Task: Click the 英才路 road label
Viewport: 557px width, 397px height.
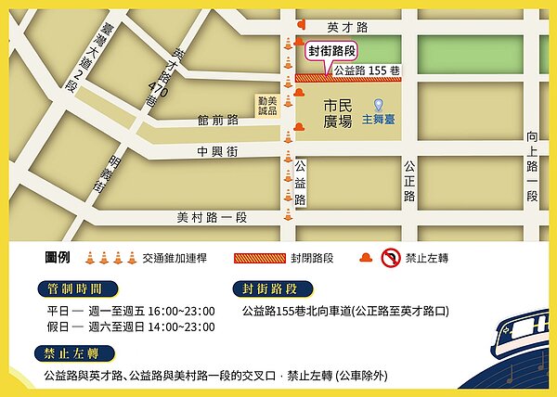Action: [348, 28]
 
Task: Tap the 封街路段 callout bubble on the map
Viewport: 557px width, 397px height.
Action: [332, 53]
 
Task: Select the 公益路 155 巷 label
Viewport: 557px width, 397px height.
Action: [366, 70]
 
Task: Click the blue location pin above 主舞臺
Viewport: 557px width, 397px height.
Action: [379, 104]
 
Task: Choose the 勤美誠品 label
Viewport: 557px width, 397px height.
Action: [268, 104]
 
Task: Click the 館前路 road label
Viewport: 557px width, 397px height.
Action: [218, 121]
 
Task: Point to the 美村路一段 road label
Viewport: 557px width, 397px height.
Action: [213, 217]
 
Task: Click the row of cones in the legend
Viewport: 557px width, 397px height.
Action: [104, 258]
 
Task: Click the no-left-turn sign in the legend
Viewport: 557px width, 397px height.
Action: [390, 258]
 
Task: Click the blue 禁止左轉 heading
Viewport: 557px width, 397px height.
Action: [73, 353]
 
